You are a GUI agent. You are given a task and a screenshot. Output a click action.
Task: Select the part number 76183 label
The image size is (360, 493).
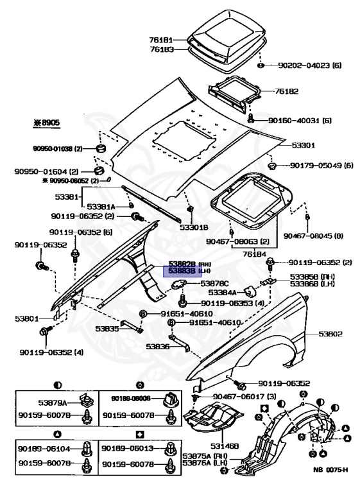[164, 49]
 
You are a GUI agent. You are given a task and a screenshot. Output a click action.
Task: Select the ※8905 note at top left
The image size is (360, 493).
[46, 121]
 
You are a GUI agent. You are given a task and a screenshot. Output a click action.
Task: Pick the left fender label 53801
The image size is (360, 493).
[28, 317]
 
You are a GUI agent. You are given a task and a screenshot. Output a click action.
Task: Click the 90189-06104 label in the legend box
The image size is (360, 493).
[44, 449]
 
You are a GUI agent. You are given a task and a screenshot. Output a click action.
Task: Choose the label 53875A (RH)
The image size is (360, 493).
[202, 457]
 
